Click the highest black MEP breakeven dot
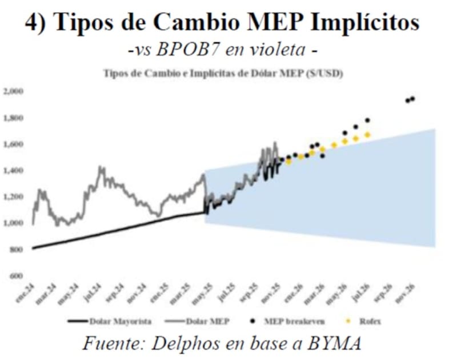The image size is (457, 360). pyautogui.click(x=412, y=99)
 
